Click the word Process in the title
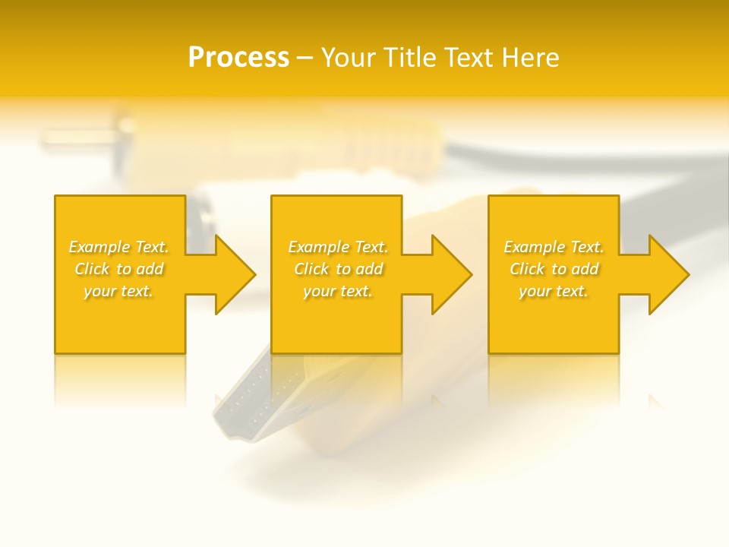coord(238,57)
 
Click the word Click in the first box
coord(91,269)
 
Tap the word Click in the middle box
coord(311,269)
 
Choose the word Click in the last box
coord(526,269)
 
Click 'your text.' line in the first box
coord(118,291)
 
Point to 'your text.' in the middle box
coord(338,291)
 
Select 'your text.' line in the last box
coord(554,291)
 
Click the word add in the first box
coord(150,269)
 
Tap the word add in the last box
coord(585,269)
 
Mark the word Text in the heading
coord(466,58)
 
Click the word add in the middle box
coord(369,269)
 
